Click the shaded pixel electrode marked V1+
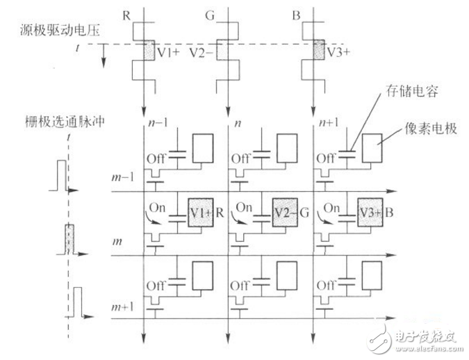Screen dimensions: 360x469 201,211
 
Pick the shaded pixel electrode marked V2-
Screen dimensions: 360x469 284,211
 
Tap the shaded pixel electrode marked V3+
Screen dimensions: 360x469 370,211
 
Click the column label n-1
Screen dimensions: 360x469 161,124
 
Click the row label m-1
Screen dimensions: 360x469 120,179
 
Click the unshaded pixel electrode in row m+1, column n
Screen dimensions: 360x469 284,275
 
